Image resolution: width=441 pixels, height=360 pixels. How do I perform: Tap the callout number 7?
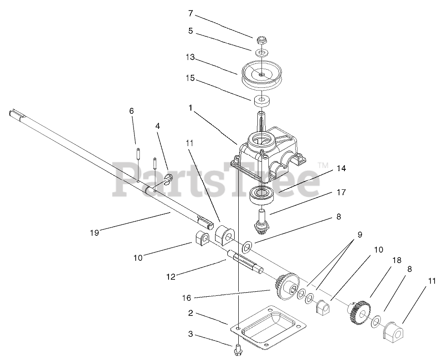pyautogui.click(x=190, y=13)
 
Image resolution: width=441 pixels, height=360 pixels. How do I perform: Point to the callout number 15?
pyautogui.click(x=190, y=78)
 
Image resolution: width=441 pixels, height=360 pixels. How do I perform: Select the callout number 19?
pyautogui.click(x=94, y=233)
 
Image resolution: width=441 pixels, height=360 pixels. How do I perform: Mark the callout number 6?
pyautogui.click(x=132, y=111)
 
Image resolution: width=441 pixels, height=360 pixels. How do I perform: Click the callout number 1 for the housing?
pyautogui.click(x=191, y=108)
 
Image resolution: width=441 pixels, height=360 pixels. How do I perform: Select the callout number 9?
pyautogui.click(x=359, y=235)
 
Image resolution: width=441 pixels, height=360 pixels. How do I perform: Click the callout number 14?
pyautogui.click(x=341, y=169)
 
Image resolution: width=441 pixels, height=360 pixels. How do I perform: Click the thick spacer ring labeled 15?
pyautogui.click(x=262, y=99)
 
